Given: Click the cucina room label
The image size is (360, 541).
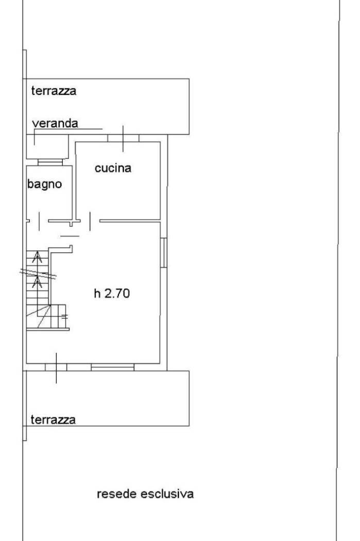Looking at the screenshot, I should click(113, 168).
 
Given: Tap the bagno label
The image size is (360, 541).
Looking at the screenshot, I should click(45, 184).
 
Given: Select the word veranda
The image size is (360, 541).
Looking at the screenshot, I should click(55, 123).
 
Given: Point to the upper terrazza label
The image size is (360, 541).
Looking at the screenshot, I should click(54, 91).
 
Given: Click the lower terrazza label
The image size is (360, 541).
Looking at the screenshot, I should click(53, 419).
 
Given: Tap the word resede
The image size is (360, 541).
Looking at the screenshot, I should click(118, 494).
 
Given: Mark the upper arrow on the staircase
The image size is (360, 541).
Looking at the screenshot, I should click(37, 257).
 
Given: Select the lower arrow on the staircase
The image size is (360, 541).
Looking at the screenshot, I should click(37, 282).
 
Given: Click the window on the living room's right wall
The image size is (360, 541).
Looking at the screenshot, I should click(163, 252).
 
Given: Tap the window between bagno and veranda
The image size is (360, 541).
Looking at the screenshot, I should click(50, 162).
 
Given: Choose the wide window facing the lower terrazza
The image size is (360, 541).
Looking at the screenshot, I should click(113, 367).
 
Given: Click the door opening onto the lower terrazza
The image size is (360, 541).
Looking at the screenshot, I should click(56, 367).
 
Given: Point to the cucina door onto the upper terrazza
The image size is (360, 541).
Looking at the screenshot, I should click(123, 138).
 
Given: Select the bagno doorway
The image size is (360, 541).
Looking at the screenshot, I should click(39, 221).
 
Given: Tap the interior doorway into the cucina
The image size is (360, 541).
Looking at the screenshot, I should click(91, 221).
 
